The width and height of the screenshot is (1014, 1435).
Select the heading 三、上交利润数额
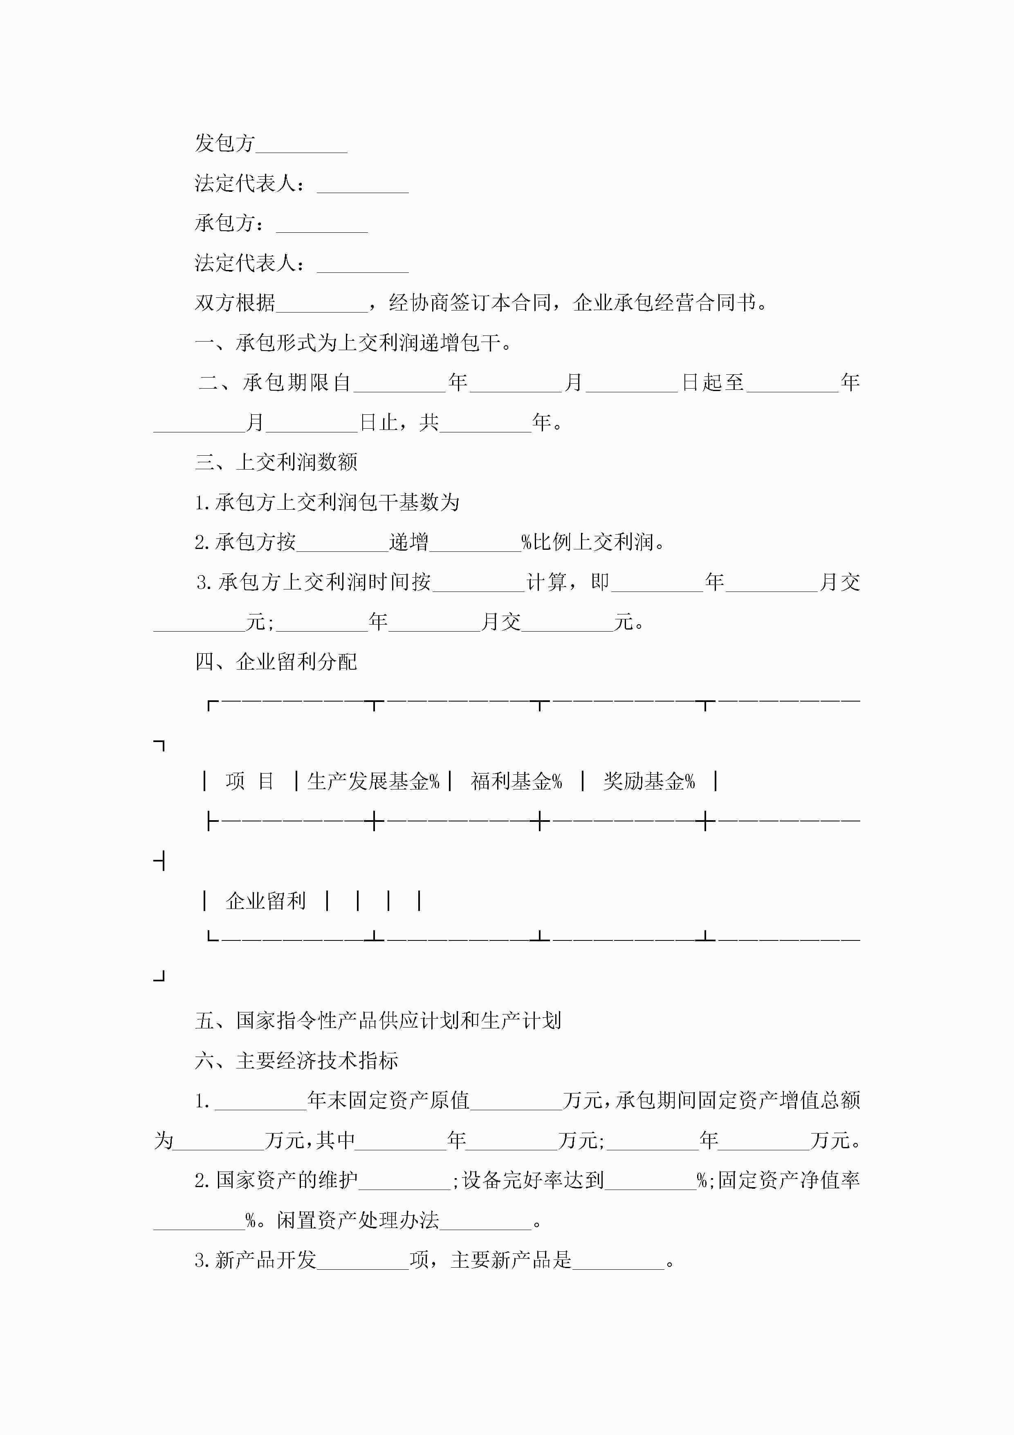(276, 462)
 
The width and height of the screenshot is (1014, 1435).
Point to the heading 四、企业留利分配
(276, 661)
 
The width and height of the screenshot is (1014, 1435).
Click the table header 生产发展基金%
(373, 781)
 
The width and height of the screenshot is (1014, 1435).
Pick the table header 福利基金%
(516, 781)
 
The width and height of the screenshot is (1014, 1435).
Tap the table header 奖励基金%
(648, 781)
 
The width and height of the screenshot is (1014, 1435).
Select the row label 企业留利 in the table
(265, 901)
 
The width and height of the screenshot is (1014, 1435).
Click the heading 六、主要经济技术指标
(297, 1061)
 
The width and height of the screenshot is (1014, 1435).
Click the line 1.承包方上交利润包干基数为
(328, 502)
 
